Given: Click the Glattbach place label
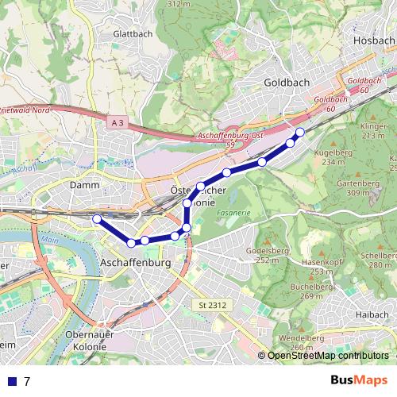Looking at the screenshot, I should (132, 34).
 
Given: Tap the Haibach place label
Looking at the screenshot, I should (372, 314).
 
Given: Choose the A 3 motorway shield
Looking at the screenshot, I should (118, 122).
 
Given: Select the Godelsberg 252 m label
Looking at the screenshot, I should (265, 255).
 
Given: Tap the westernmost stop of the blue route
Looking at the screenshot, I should (97, 218).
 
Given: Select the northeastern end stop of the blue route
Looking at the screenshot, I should (300, 132).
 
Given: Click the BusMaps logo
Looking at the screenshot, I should (359, 380).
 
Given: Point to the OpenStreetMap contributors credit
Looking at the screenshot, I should (328, 356).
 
